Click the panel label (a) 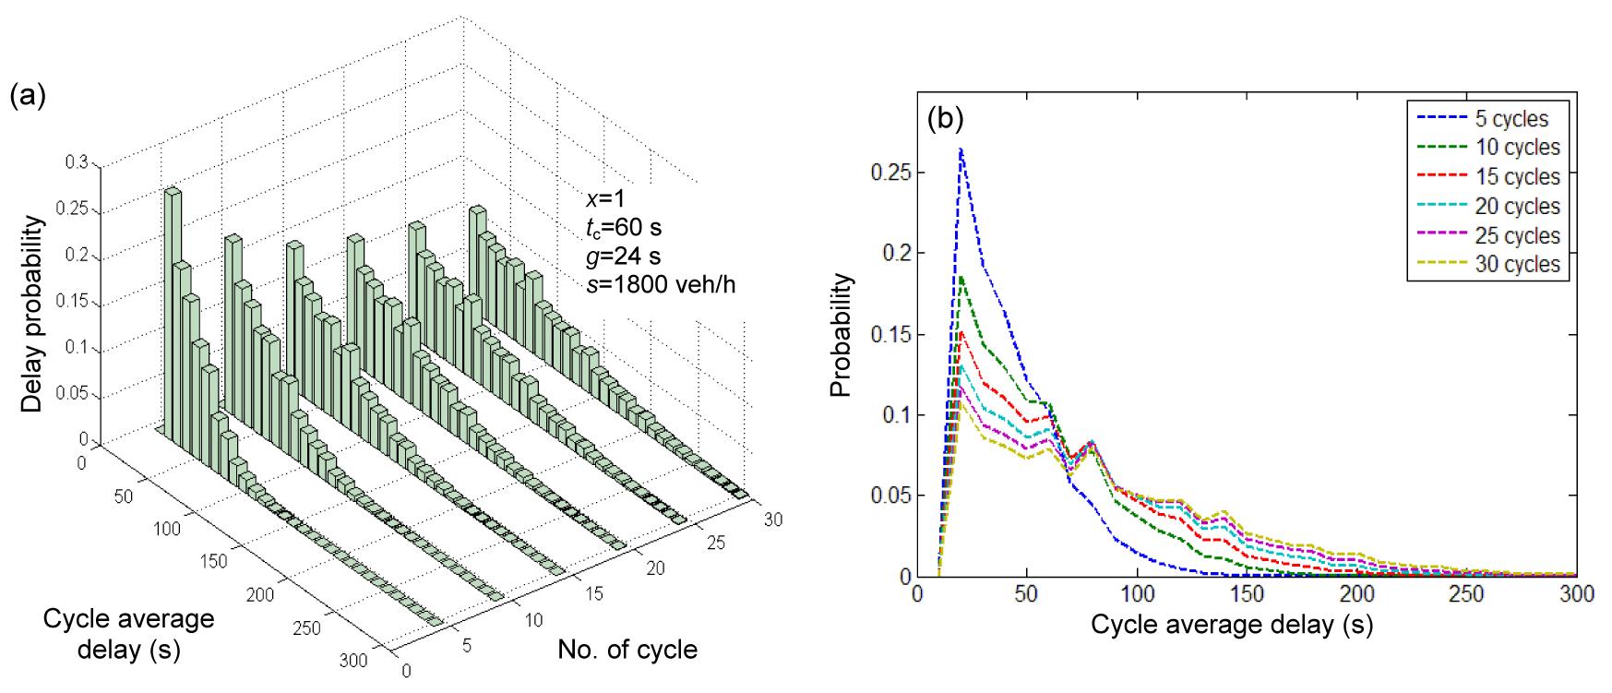pos(28,96)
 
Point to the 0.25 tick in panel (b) pos(892,173)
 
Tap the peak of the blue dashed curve pos(961,149)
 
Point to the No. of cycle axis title pos(627,650)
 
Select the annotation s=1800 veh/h pos(661,285)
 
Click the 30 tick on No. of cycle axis pos(771,520)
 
